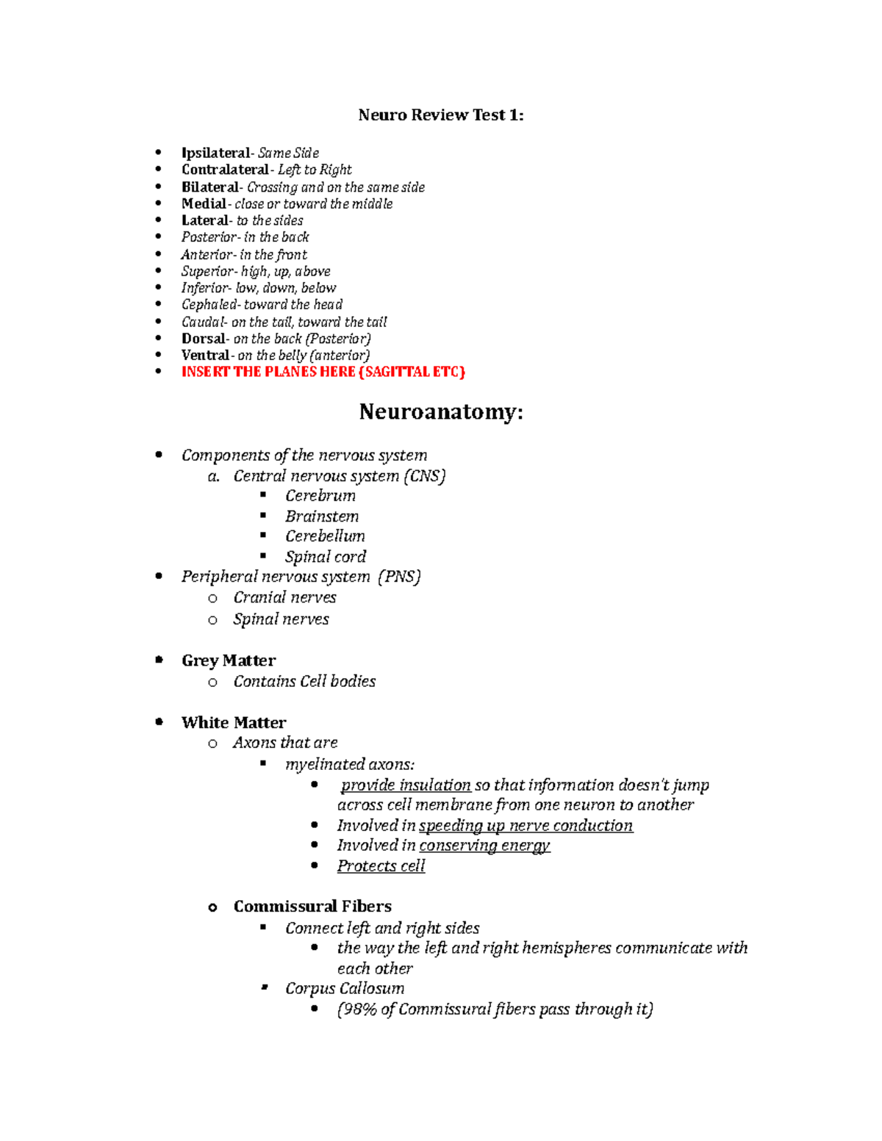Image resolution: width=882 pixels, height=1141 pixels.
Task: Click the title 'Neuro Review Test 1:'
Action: tap(440, 115)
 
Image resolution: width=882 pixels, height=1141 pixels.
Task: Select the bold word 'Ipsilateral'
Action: tap(215, 153)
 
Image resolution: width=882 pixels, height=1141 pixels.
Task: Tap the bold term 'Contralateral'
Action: tap(224, 170)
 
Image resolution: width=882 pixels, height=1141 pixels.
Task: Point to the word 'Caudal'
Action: tap(203, 322)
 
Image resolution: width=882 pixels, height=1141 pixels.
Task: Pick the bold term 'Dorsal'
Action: tap(204, 339)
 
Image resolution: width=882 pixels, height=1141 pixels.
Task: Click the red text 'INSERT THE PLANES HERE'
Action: tap(268, 372)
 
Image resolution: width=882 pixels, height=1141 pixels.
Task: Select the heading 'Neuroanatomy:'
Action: tap(440, 412)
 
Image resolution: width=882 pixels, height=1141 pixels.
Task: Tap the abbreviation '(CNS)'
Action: tap(424, 476)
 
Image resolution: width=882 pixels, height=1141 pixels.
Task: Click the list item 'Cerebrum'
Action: tap(320, 496)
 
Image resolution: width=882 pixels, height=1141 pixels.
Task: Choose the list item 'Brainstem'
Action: tap(322, 516)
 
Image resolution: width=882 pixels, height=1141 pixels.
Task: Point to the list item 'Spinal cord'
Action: tap(325, 557)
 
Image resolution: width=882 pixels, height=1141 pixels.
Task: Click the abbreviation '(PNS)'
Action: tap(399, 577)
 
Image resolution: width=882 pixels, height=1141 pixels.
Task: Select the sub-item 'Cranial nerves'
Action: tap(284, 597)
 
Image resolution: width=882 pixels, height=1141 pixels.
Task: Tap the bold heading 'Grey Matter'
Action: tap(229, 661)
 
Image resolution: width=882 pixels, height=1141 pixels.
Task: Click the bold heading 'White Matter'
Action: tap(234, 722)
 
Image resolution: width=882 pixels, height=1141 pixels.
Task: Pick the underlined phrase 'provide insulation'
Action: tap(406, 785)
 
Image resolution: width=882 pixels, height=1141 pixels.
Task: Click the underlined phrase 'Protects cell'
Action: tap(381, 866)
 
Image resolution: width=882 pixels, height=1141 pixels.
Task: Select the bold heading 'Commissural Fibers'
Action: tap(312, 907)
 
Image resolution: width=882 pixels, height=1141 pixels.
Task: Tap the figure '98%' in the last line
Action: tap(359, 1009)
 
